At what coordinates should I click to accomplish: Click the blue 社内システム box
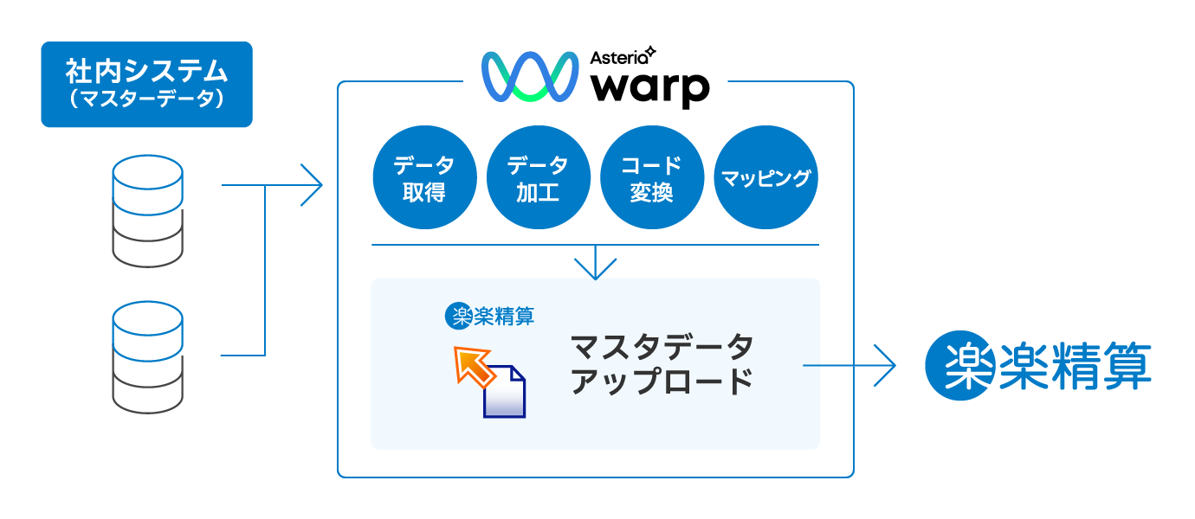click(146, 84)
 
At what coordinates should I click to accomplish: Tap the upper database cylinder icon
click(147, 211)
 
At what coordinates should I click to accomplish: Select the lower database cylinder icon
click(147, 356)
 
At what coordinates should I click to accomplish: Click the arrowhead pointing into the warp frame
click(312, 184)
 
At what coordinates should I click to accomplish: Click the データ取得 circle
click(424, 178)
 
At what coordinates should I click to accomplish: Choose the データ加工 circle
click(538, 178)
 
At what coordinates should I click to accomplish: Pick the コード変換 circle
click(651, 178)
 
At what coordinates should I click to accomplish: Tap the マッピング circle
click(765, 178)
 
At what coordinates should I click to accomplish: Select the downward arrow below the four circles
click(595, 264)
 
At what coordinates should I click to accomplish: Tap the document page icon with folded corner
click(505, 394)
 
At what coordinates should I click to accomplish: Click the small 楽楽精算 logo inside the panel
click(489, 315)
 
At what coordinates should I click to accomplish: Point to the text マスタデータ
click(662, 347)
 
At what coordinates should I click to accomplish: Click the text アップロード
click(662, 381)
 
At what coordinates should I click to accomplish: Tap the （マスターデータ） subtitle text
click(146, 100)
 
